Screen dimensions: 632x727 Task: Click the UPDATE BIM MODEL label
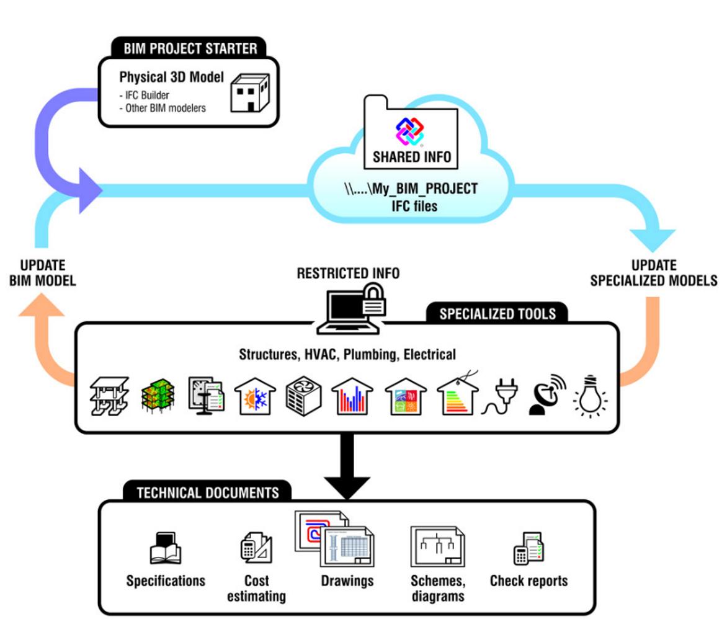pyautogui.click(x=42, y=272)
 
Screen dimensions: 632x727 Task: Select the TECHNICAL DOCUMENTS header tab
pyautogui.click(x=207, y=493)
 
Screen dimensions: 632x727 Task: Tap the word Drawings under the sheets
pyautogui.click(x=347, y=581)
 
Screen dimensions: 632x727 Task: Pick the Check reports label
pyautogui.click(x=529, y=581)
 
